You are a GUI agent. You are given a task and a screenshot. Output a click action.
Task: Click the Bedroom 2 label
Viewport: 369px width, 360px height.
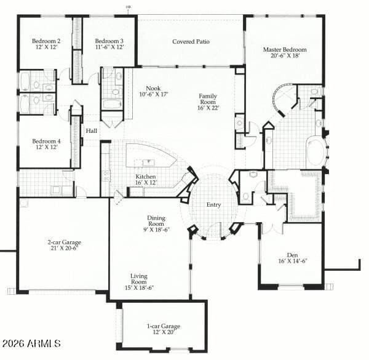46,41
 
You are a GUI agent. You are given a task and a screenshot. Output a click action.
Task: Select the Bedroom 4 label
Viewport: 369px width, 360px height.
46,142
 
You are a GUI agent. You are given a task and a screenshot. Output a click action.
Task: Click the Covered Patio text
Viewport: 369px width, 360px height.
191,42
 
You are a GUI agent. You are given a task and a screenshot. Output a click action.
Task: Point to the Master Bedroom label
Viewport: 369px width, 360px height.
285,49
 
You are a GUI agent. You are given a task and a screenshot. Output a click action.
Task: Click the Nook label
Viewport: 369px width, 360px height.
153,88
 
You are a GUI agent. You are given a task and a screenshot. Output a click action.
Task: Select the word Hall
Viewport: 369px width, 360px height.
91,131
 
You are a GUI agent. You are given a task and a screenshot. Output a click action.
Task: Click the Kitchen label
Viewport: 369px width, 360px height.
146,177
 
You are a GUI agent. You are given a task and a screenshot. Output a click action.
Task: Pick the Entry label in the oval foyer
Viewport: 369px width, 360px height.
213,205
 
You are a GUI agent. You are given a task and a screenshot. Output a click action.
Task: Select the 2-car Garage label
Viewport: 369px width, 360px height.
64,242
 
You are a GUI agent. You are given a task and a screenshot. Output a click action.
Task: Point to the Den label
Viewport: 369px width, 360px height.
292,255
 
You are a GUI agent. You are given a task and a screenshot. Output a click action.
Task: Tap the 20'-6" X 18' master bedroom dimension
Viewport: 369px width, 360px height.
285,56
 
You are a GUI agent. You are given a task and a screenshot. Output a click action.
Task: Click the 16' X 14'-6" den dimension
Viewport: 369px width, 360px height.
292,261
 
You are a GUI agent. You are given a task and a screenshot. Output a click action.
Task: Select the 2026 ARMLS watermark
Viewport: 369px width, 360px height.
31,342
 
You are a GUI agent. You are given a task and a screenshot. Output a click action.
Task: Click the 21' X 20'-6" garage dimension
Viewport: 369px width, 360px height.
64,249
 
